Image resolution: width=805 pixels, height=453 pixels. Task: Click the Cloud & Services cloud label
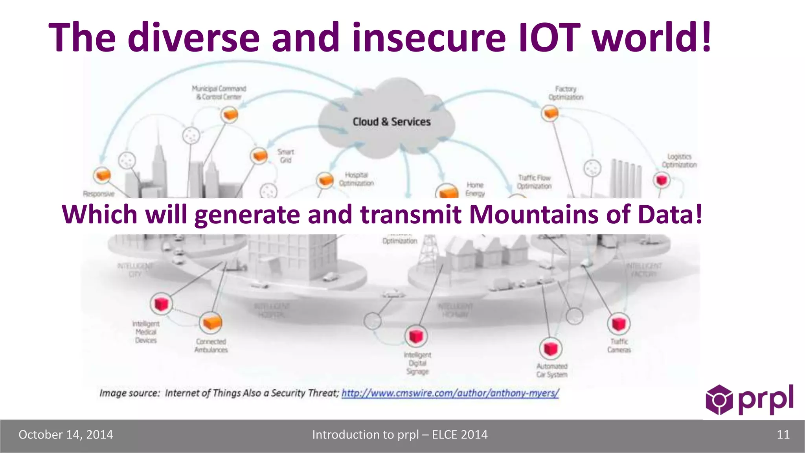click(x=391, y=122)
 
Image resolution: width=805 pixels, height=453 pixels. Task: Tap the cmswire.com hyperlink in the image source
click(x=450, y=393)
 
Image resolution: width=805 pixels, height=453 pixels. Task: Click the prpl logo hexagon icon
click(x=719, y=400)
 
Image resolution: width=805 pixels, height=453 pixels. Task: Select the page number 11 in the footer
click(x=783, y=435)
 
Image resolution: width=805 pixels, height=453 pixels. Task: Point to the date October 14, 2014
click(x=66, y=435)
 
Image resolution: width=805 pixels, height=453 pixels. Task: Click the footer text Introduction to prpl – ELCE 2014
click(x=400, y=435)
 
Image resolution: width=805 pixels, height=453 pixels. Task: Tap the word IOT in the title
click(x=549, y=37)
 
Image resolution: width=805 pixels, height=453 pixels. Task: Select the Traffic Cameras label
click(x=619, y=346)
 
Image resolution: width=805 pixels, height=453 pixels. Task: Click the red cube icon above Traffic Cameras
click(x=619, y=324)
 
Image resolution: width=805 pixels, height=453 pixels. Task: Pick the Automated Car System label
click(x=552, y=370)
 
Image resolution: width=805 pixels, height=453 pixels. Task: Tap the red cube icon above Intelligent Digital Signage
click(x=416, y=336)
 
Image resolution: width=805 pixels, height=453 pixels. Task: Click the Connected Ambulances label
click(x=211, y=346)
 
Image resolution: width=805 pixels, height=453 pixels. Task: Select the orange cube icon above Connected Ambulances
click(x=211, y=323)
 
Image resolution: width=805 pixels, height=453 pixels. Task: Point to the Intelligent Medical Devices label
click(x=146, y=332)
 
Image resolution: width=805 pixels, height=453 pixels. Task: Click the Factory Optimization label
click(x=566, y=93)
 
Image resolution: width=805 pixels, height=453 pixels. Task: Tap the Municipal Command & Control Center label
click(x=219, y=93)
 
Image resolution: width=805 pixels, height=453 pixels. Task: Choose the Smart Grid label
click(x=286, y=156)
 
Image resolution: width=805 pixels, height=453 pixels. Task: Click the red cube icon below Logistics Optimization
click(x=662, y=180)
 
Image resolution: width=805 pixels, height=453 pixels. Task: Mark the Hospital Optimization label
click(x=356, y=179)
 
